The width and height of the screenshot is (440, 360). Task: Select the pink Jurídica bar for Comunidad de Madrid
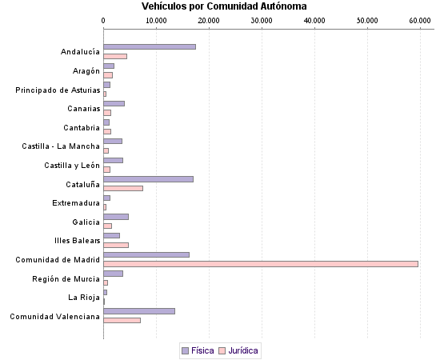pyautogui.click(x=261, y=263)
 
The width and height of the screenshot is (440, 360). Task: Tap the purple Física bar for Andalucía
pyautogui.click(x=150, y=46)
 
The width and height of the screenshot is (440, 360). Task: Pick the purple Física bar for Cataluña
pyautogui.click(x=148, y=178)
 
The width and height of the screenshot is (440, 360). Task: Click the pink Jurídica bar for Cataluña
pyautogui.click(x=123, y=188)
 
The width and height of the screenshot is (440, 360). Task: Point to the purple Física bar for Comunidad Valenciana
pyautogui.click(x=139, y=310)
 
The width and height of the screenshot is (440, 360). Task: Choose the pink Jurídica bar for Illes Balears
pyautogui.click(x=116, y=245)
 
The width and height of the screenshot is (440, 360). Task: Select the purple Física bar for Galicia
pyautogui.click(x=116, y=216)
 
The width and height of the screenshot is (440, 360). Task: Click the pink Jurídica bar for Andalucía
pyautogui.click(x=115, y=56)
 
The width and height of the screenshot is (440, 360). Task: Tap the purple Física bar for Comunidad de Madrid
pyautogui.click(x=146, y=254)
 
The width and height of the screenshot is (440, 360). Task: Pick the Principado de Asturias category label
pyautogui.click(x=58, y=90)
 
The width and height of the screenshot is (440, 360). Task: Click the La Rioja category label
pyautogui.click(x=84, y=298)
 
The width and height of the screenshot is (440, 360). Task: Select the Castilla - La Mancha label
pyautogui.click(x=61, y=146)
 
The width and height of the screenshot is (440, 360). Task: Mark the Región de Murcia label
pyautogui.click(x=66, y=278)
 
